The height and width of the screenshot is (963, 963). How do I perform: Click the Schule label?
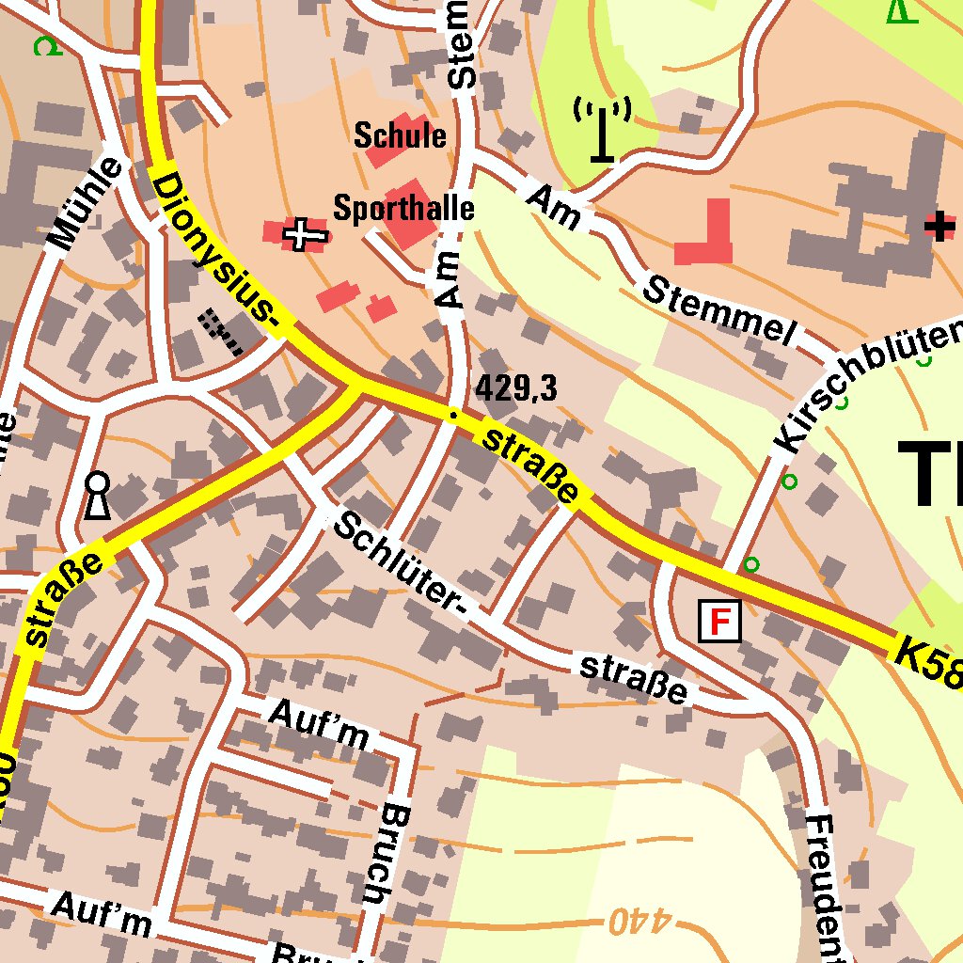(400, 135)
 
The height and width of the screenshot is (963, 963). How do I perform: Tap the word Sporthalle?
(403, 208)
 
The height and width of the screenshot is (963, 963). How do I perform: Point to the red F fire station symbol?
(719, 622)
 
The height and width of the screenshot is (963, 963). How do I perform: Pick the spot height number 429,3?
(516, 387)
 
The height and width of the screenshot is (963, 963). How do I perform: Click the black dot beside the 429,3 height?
(453, 415)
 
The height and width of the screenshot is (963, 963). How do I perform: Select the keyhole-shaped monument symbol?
(97, 496)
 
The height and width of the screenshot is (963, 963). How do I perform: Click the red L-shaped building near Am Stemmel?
(708, 238)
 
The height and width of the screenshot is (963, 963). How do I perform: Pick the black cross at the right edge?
(939, 226)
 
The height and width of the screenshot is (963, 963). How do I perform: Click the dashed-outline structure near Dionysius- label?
(222, 330)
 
